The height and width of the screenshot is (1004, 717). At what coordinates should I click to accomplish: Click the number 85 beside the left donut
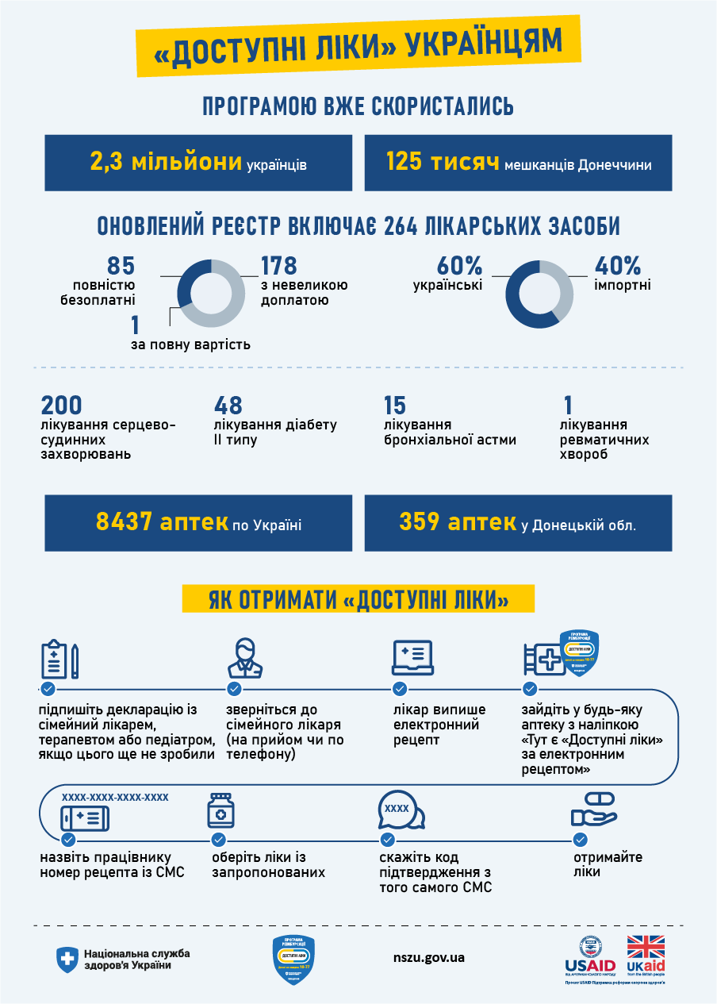pos(121,266)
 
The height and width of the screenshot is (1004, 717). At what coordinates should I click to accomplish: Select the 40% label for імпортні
pos(617,266)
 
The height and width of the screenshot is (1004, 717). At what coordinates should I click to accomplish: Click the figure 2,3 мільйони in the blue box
pos(166,163)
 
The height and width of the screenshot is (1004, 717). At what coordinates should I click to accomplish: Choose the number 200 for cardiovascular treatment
pos(61,406)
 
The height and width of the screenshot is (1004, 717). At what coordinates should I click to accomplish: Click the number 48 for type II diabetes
pos(228,406)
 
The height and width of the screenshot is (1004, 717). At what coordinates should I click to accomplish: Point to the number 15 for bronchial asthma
pos(394,406)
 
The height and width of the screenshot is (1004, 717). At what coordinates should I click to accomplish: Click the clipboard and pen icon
pos(59,658)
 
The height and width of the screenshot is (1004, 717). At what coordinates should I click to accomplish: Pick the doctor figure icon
pos(246,657)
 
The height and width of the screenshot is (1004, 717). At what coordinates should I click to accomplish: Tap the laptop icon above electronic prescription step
pos(412,658)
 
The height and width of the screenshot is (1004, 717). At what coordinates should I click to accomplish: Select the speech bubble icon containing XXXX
pos(400,810)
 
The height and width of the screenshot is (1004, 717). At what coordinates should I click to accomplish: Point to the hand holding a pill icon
pos(593,810)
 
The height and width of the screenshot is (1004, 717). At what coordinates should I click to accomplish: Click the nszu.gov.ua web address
pos(428,957)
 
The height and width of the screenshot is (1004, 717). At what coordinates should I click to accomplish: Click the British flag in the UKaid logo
pos(646,947)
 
